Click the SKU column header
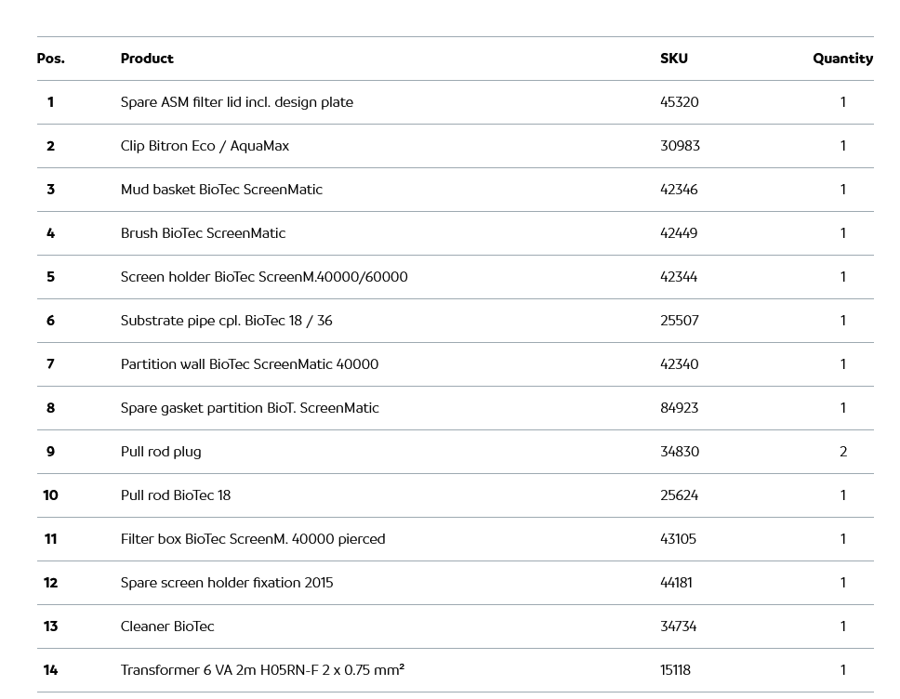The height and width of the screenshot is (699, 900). [674, 59]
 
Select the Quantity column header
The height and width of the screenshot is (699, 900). [842, 59]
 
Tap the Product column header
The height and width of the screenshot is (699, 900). [147, 59]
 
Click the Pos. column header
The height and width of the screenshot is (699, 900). [50, 59]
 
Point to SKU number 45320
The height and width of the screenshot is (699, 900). [679, 102]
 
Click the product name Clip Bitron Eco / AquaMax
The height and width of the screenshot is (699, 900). [205, 146]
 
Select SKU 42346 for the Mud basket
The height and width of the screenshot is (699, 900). [679, 190]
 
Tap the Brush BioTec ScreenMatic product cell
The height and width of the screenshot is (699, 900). [203, 233]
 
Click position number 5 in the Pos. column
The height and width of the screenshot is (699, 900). [50, 277]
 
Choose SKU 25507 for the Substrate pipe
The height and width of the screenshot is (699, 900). [679, 321]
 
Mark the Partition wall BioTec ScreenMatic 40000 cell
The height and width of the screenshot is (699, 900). [249, 364]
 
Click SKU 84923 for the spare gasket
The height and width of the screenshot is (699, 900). [679, 408]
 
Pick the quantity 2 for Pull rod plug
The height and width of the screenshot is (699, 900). [843, 452]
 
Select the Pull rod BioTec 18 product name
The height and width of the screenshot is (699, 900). [176, 495]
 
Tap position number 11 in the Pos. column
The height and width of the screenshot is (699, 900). [50, 539]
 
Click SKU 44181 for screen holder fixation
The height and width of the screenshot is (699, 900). [676, 583]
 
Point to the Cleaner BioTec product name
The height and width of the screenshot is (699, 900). [167, 626]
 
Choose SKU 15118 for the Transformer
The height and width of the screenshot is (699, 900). [675, 670]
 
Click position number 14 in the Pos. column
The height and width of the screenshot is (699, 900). [50, 670]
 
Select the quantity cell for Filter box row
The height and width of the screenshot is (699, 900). [843, 539]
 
